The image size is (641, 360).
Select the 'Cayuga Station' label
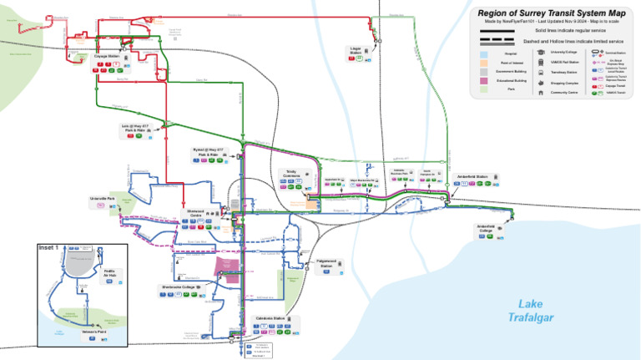(x=106, y=57)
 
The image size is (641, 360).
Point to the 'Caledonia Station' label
(x=268, y=318)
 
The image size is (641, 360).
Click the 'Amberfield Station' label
(x=472, y=176)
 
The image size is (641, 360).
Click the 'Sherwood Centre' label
(x=195, y=213)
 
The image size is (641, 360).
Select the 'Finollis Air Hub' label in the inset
(x=109, y=272)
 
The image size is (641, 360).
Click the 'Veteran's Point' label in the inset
(x=97, y=331)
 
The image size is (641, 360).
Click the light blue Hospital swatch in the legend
(x=484, y=52)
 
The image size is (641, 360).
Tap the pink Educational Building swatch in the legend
(x=484, y=80)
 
